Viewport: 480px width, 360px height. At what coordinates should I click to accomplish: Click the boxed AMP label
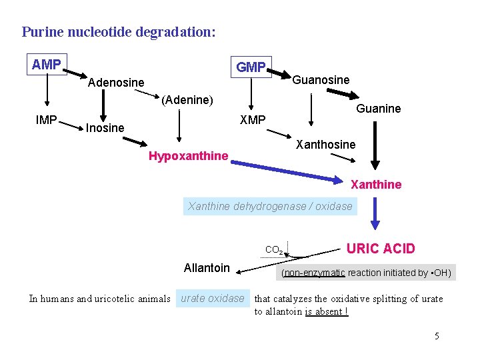pyautogui.click(x=47, y=65)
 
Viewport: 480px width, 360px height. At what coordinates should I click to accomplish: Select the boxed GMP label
pyautogui.click(x=251, y=67)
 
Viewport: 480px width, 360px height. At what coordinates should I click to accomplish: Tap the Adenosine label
pyautogui.click(x=116, y=83)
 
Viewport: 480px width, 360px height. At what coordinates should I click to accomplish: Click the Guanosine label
pyautogui.click(x=321, y=80)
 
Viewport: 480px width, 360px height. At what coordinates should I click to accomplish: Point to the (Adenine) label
pyautogui.click(x=187, y=100)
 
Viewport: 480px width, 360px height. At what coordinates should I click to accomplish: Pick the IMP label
pyautogui.click(x=46, y=121)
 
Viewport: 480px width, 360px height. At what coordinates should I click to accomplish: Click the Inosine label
pyautogui.click(x=105, y=127)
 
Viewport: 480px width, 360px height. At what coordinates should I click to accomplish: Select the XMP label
pyautogui.click(x=253, y=120)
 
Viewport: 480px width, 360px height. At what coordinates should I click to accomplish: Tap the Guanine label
pyautogui.click(x=378, y=109)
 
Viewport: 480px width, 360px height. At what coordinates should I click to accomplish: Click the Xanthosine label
pyautogui.click(x=325, y=145)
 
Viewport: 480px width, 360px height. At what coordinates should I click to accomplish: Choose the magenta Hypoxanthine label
pyautogui.click(x=188, y=157)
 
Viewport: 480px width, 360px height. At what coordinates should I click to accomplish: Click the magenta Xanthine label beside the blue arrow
pyautogui.click(x=376, y=185)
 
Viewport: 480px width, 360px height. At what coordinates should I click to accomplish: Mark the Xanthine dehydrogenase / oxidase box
pyautogui.click(x=270, y=207)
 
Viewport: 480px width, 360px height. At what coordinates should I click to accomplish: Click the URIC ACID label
pyautogui.click(x=381, y=249)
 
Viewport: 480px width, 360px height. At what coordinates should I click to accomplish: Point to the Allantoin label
pyautogui.click(x=207, y=268)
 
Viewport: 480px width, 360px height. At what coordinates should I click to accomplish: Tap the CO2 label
pyautogui.click(x=274, y=250)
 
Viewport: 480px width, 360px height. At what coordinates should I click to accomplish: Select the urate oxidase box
pyautogui.click(x=213, y=299)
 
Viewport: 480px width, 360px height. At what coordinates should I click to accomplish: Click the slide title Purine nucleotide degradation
pyautogui.click(x=119, y=31)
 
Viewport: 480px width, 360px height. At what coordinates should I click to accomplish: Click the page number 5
pyautogui.click(x=437, y=336)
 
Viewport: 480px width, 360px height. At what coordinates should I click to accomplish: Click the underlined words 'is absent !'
pyautogui.click(x=327, y=311)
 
